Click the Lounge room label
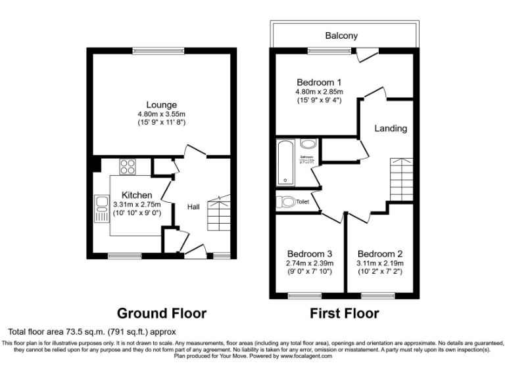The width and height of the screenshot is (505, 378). [161, 105]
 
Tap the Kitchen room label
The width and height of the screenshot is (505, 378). [136, 195]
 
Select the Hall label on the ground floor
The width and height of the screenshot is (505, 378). [193, 207]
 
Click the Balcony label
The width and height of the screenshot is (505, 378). [341, 36]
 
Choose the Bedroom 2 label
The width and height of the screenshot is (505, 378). [380, 254]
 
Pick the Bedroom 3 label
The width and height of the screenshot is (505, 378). [310, 254]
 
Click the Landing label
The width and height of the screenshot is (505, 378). [391, 129]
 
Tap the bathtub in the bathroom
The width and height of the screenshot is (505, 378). [285, 163]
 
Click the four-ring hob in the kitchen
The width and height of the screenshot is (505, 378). [128, 167]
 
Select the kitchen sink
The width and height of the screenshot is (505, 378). [101, 209]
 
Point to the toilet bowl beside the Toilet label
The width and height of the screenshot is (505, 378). [285, 202]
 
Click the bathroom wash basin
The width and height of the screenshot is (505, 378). [308, 144]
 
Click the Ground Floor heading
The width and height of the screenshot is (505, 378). [161, 313]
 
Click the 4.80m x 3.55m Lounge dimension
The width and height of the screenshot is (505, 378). [161, 115]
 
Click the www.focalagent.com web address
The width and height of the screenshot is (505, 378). [306, 356]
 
